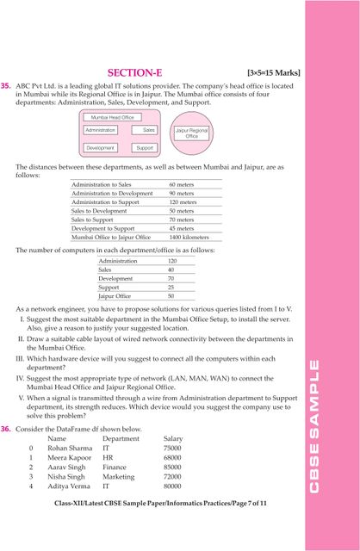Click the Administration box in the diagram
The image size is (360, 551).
point(101,130)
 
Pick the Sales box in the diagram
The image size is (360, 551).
point(149,130)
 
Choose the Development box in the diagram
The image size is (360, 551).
point(101,148)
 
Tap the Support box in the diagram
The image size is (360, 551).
point(145,148)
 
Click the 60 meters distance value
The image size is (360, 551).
point(181,185)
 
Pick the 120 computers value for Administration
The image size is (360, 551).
point(172,261)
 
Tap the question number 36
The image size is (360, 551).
point(6,428)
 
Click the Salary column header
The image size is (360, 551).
point(172,439)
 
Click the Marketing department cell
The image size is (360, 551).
point(119,476)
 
